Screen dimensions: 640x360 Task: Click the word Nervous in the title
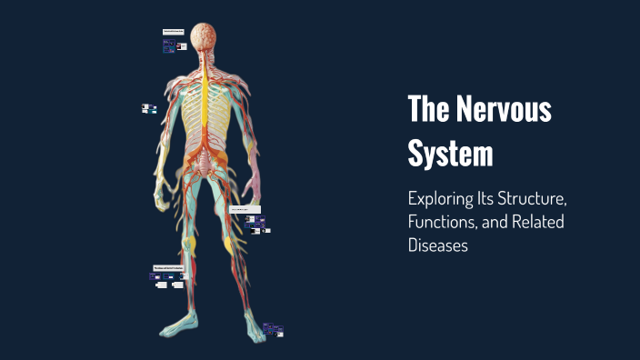coord(504,111)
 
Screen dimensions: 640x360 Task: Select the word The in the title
coord(430,111)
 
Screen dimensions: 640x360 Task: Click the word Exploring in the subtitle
coord(445,198)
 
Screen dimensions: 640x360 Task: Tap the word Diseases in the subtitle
coord(438,245)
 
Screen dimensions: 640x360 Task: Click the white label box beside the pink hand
coord(245,209)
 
